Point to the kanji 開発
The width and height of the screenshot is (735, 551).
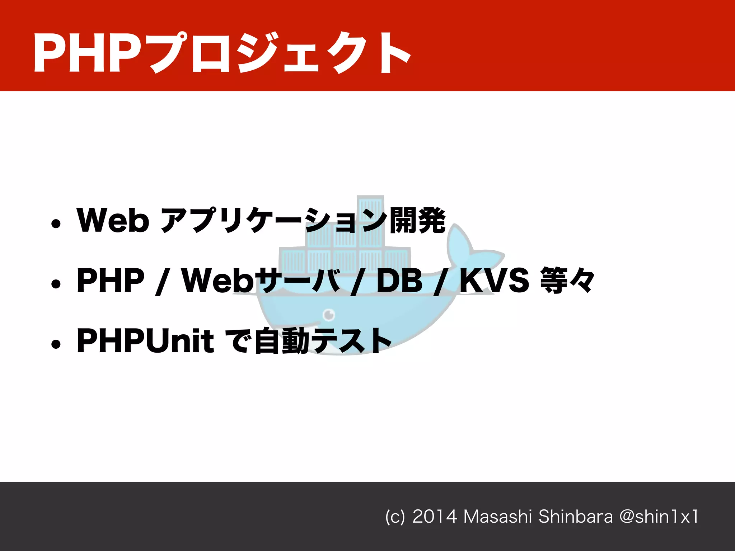(417, 220)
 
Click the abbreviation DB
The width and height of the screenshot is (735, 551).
(399, 281)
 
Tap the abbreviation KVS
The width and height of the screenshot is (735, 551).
(495, 281)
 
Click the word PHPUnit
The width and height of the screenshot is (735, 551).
(145, 341)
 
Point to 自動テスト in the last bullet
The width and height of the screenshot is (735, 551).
(323, 341)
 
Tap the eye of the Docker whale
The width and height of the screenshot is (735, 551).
(329, 315)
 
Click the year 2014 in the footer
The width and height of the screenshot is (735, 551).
(435, 517)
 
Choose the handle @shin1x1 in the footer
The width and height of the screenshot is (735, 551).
(659, 517)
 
